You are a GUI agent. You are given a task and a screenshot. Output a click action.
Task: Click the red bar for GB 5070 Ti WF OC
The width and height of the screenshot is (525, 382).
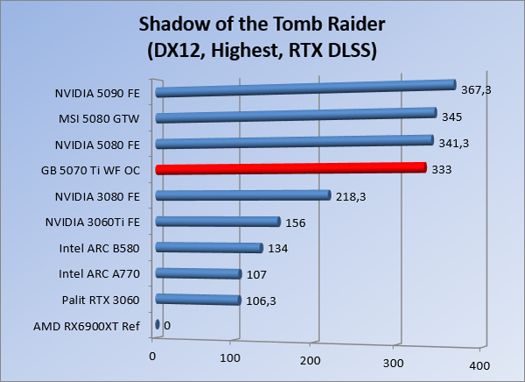tap(289, 169)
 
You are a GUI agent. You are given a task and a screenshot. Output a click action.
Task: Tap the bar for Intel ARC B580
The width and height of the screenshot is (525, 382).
tap(208, 248)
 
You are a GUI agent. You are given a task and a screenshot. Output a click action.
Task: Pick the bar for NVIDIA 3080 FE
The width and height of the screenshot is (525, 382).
tap(241, 195)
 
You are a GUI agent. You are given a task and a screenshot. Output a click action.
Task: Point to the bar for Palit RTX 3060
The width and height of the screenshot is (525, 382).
tap(197, 301)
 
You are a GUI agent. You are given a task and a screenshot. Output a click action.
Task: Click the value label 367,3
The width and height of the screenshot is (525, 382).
tap(478, 89)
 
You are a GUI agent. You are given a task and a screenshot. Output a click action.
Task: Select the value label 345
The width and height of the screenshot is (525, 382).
tap(451, 116)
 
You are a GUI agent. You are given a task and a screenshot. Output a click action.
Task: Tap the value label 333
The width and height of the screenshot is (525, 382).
tap(442, 169)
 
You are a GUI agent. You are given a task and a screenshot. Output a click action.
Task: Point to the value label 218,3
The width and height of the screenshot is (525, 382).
tap(352, 196)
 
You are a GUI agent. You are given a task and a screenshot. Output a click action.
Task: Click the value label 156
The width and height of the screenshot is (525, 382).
tap(295, 223)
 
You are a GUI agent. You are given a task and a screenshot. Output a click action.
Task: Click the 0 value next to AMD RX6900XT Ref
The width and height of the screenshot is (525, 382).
tap(166, 326)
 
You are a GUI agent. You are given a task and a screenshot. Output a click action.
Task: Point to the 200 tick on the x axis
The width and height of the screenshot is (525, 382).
tap(312, 360)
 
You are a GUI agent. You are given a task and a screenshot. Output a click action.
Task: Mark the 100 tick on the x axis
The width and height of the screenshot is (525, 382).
tap(230, 357)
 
